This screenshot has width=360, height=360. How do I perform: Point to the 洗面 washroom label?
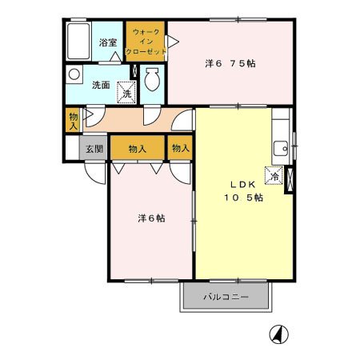point(100,86)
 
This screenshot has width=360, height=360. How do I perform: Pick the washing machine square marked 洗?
point(126,93)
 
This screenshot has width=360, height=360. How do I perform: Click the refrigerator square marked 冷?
point(274,177)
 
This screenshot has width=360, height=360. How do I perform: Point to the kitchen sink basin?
point(281,147)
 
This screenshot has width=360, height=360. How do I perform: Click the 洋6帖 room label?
point(150,218)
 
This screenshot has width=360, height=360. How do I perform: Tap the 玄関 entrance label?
point(94,148)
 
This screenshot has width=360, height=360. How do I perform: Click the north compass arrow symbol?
point(278,334)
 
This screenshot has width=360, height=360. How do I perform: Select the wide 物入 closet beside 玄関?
point(138,148)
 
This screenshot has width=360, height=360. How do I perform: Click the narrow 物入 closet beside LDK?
point(180,148)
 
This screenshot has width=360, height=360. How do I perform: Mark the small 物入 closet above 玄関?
point(73,120)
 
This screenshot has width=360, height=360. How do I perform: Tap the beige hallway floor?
point(128,120)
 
